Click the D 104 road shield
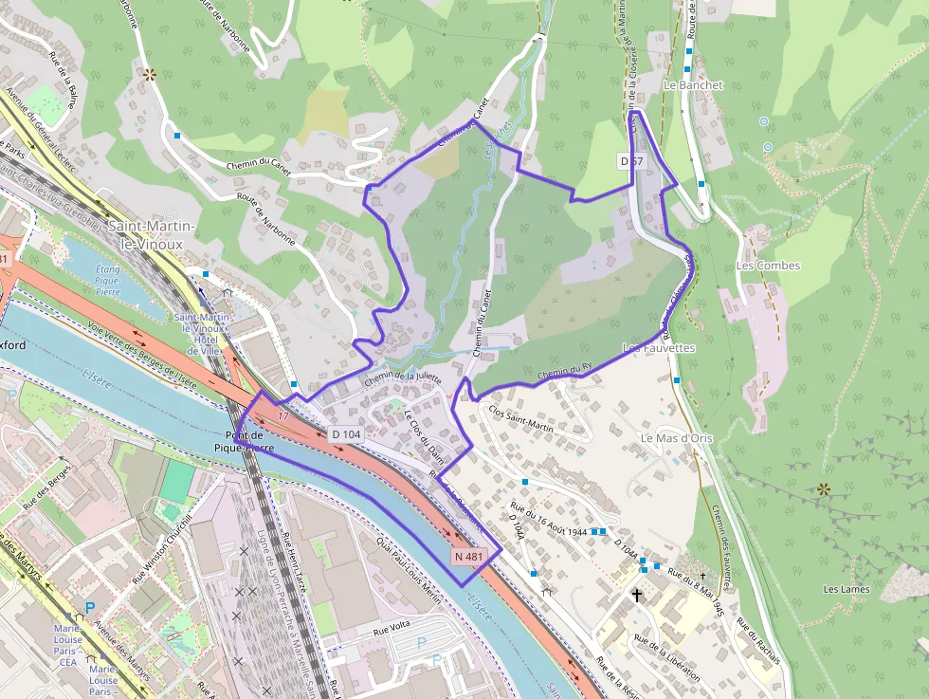347,433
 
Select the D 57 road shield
632,161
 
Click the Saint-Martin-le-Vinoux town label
153,234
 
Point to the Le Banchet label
693,85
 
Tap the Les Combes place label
768,266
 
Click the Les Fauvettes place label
658,348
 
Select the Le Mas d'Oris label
676,438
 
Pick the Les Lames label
847,589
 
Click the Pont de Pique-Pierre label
244,440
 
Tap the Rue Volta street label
391,625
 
